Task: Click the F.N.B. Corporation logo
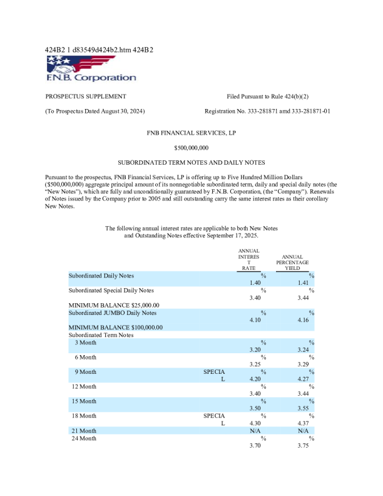click(91, 68)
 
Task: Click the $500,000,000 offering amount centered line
click(191, 148)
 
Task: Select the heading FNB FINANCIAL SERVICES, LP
click(191, 133)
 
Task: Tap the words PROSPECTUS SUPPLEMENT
click(86, 96)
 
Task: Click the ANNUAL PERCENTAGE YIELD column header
click(292, 262)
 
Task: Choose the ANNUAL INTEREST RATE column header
click(248, 259)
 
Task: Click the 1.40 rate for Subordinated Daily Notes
click(255, 283)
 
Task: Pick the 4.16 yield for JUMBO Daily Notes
click(303, 320)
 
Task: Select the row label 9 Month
click(85, 372)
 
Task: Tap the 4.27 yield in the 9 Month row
click(303, 379)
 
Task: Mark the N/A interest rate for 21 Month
click(255, 431)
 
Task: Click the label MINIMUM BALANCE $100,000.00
click(115, 328)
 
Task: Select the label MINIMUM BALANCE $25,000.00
click(113, 305)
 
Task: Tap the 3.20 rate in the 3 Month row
click(255, 349)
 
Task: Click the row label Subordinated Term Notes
click(101, 335)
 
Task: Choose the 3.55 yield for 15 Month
click(303, 408)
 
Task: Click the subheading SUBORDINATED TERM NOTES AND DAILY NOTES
click(191, 162)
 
